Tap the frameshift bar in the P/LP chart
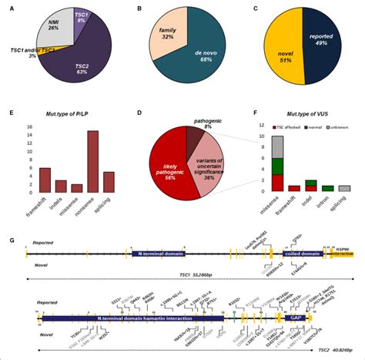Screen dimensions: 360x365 pyautogui.click(x=44, y=180)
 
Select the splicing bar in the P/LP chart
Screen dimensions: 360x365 pyautogui.click(x=108, y=182)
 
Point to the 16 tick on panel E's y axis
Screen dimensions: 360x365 pyautogui.click(x=28, y=127)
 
